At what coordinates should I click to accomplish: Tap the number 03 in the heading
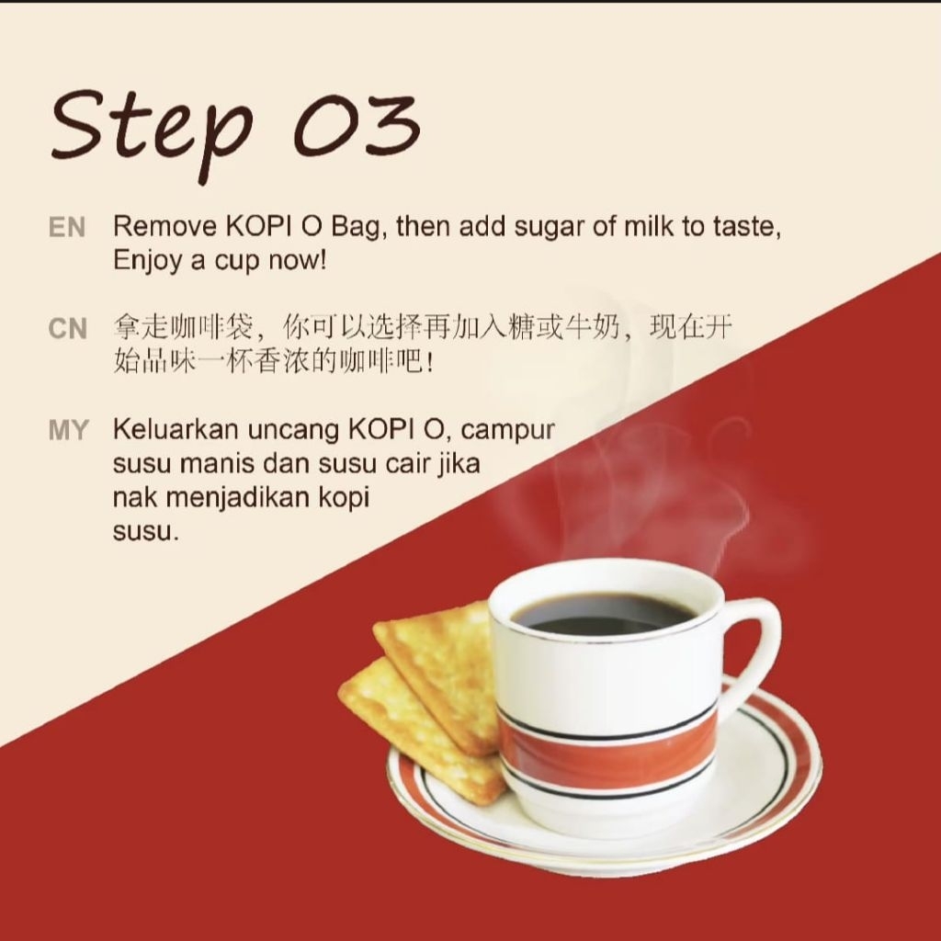point(357,125)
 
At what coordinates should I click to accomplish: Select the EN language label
point(66,228)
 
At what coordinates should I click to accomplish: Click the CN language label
point(68,329)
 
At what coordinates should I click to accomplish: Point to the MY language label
point(68,430)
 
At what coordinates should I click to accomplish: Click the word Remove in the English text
point(165,226)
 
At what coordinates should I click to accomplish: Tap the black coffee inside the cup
point(603,614)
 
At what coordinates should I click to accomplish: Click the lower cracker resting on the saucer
point(420,729)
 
